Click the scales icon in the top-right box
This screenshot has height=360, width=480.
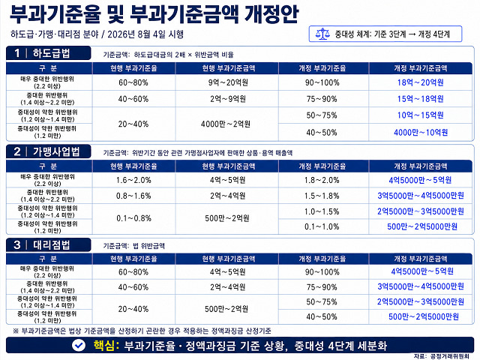[x=322, y=34]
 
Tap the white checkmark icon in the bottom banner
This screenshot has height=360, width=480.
[x=79, y=345]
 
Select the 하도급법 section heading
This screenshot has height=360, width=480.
[x=52, y=53]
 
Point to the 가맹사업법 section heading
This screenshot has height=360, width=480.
[x=56, y=151]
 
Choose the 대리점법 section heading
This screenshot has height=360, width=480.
[x=52, y=245]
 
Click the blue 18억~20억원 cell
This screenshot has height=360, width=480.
[x=420, y=82]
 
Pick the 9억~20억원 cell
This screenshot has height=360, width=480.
[x=228, y=82]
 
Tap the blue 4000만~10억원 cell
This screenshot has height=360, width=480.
[x=421, y=133]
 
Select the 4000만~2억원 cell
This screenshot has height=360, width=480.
[x=226, y=124]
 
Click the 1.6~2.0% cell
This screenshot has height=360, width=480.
[x=133, y=180]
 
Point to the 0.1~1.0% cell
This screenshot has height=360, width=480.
[x=322, y=226]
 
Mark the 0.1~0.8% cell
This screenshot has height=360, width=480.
[x=133, y=218]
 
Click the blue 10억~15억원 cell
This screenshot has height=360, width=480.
[x=420, y=115]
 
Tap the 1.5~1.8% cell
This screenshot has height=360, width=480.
[x=322, y=196]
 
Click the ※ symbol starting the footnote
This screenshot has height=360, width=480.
[x=16, y=331]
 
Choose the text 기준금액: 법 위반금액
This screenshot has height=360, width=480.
[x=133, y=246]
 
